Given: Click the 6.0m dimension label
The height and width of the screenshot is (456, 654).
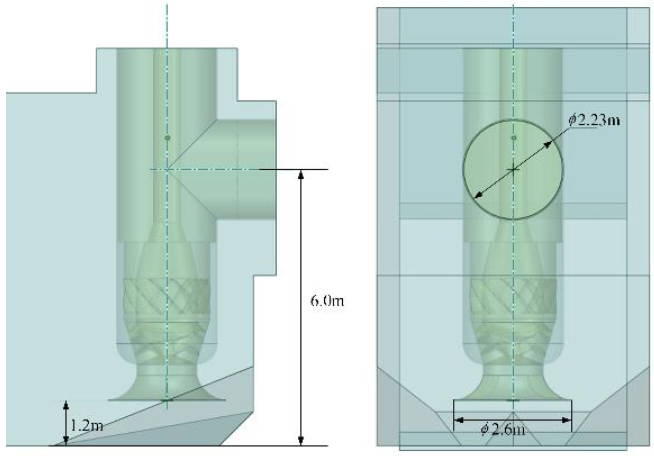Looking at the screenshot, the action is click(327, 301).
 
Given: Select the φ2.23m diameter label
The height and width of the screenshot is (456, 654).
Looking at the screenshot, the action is click(594, 120).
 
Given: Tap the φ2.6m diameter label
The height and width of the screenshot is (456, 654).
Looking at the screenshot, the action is click(503, 430).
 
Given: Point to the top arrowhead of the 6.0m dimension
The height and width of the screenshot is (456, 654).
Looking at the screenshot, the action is click(301, 175).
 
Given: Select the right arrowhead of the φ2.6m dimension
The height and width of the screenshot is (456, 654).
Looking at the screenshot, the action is click(566, 420).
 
